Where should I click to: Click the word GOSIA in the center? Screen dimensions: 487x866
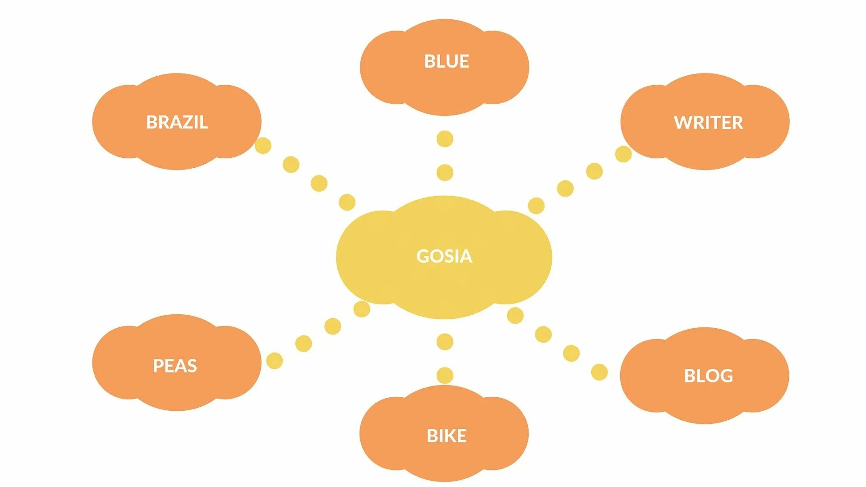[444, 256]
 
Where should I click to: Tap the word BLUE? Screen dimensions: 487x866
[447, 61]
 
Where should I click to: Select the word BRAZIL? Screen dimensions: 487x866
[177, 122]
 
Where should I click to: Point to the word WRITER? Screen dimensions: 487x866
[708, 123]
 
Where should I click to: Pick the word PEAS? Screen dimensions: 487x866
[175, 366]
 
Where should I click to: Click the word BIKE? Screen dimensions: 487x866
[447, 436]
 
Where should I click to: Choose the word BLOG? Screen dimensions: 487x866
[708, 376]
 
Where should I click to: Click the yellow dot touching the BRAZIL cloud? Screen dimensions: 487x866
[263, 146]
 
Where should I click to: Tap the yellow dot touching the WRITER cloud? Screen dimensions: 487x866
[623, 154]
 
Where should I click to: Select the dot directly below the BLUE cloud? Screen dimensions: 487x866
[445, 139]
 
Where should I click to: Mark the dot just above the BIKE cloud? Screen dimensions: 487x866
[445, 375]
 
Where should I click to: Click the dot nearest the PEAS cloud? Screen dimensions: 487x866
[274, 361]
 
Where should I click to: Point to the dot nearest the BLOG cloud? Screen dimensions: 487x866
[599, 372]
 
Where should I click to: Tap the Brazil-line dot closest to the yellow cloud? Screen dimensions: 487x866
[347, 202]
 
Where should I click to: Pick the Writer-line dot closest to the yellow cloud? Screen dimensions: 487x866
[536, 206]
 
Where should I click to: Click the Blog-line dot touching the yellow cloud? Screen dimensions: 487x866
[515, 316]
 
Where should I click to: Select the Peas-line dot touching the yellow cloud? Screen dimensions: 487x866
[362, 309]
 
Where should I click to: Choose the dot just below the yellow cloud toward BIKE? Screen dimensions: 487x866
[445, 342]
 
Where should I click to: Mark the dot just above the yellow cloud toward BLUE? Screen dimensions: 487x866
[445, 172]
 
